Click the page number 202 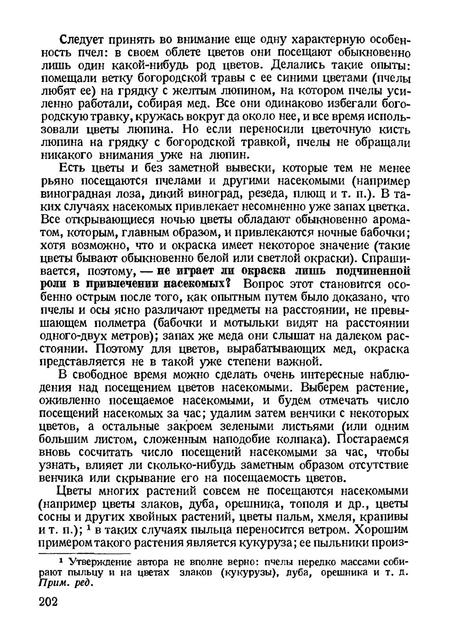[x=48, y=613]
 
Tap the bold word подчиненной [x=368, y=271]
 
